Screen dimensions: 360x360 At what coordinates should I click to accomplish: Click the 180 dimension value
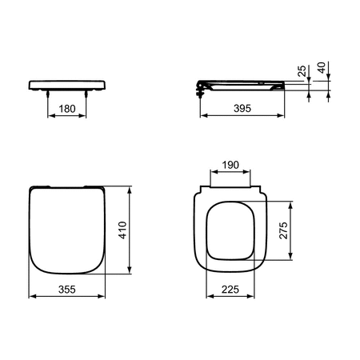[67, 109]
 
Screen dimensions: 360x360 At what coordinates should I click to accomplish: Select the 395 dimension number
[242, 108]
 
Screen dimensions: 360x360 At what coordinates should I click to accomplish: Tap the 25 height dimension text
[302, 71]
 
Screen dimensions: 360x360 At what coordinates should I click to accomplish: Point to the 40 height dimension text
[322, 68]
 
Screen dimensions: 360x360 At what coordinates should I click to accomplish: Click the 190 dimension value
[230, 165]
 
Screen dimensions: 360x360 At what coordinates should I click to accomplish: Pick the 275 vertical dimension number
[283, 230]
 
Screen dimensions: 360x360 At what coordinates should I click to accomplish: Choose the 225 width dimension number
[230, 290]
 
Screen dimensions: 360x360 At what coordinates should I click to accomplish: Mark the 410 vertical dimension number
[122, 230]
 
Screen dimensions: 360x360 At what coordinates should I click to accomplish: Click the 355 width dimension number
[67, 290]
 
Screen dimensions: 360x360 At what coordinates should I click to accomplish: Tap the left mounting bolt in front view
[48, 94]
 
